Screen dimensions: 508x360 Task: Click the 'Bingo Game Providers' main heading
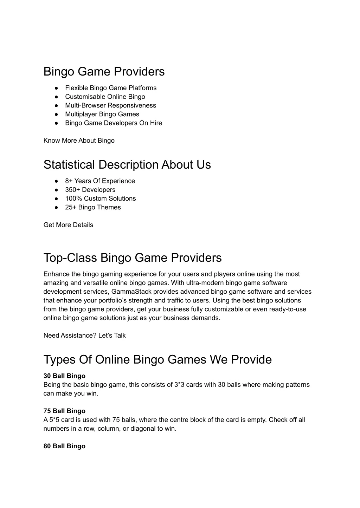104,72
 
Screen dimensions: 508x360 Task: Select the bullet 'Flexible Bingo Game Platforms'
111,88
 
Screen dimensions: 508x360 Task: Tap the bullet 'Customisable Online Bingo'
105,97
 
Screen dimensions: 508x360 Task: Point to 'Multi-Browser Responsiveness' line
110,105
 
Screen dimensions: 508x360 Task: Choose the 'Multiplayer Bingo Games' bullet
102,114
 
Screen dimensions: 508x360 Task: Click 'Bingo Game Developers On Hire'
114,123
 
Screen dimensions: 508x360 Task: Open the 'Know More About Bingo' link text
79,141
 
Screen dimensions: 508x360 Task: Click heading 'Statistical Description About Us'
127,165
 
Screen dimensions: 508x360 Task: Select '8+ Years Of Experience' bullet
100,181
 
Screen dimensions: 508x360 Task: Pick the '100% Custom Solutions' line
100,198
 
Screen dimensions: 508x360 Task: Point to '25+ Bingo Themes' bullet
93,207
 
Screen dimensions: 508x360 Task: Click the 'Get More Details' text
68,225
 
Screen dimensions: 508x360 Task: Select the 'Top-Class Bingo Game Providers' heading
133,258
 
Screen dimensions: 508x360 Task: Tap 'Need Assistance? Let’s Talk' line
84,336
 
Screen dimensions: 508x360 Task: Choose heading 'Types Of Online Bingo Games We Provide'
157,360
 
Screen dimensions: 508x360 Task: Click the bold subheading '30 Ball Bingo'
64,376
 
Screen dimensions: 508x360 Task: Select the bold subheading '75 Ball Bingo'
64,411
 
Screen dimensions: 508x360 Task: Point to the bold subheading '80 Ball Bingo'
64,446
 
